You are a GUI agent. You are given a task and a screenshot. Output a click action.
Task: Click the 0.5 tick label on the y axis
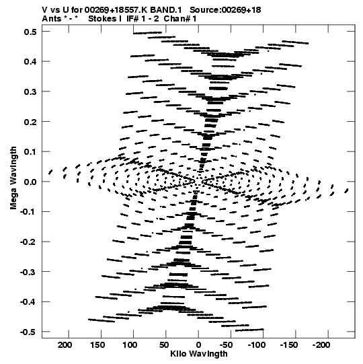click(30, 32)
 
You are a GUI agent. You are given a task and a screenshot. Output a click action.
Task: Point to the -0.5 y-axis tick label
click(28, 332)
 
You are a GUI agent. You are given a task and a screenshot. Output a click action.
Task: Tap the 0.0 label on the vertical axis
click(30, 182)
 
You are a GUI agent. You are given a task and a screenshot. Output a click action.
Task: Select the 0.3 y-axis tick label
click(30, 92)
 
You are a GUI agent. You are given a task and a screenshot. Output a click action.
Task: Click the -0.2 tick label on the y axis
click(28, 242)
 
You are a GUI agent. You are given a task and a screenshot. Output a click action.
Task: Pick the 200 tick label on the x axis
click(65, 344)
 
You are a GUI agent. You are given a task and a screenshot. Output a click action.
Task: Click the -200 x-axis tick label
click(321, 344)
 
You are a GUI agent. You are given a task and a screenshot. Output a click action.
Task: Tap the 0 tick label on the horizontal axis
click(198, 344)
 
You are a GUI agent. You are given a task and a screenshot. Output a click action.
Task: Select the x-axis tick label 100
click(130, 344)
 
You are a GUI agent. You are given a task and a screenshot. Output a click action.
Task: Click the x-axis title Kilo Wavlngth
click(199, 354)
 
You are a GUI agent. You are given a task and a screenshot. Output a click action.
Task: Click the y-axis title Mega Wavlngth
click(13, 178)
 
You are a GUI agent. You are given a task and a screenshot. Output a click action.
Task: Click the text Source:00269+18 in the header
click(225, 10)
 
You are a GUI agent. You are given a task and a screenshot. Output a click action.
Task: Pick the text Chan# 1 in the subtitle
click(180, 19)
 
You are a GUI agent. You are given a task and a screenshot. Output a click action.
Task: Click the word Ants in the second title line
click(51, 19)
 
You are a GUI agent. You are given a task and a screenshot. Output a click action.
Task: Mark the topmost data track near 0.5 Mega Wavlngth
click(147, 33)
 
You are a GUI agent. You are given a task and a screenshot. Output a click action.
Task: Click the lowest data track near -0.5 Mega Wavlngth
click(249, 330)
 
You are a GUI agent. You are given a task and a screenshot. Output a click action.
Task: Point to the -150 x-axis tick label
click(289, 344)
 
